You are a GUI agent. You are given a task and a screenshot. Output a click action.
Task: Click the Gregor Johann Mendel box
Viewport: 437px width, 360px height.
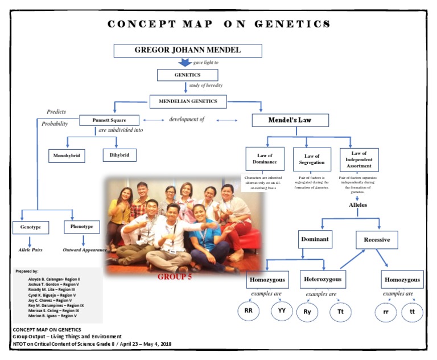(x=187, y=50)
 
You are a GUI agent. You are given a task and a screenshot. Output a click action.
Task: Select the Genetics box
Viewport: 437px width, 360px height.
(x=187, y=75)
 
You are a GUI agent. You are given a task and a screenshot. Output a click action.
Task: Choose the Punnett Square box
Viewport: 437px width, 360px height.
(x=108, y=120)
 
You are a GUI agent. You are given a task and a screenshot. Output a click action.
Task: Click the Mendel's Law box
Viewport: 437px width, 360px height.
(x=290, y=120)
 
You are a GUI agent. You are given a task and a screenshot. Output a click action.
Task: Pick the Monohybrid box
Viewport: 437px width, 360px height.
(x=67, y=155)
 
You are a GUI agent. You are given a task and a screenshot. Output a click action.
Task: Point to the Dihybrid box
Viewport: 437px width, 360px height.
(x=119, y=154)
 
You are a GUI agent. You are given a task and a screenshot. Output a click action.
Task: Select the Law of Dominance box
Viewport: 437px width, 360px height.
(x=264, y=159)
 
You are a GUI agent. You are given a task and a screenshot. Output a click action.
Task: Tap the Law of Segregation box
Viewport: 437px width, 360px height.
(x=311, y=159)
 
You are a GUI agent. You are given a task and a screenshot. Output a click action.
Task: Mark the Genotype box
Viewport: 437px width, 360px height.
(x=30, y=227)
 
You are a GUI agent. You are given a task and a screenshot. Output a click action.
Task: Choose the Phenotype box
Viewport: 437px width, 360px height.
(x=82, y=227)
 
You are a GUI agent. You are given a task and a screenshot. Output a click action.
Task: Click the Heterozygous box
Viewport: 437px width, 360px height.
(x=322, y=280)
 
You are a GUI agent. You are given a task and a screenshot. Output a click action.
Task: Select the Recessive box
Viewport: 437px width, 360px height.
(x=376, y=239)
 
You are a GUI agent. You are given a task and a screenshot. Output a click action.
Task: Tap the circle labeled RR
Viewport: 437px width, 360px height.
(x=248, y=311)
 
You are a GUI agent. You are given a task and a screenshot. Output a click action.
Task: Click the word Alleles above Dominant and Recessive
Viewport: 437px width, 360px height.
(x=358, y=204)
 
